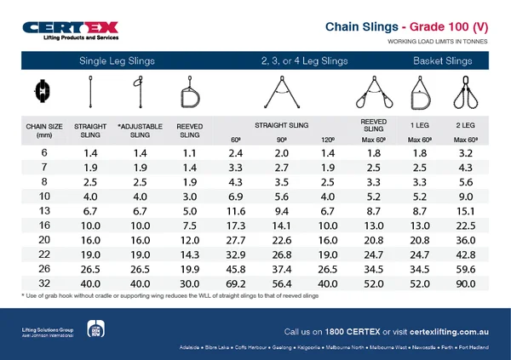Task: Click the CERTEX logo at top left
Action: (x=72, y=30)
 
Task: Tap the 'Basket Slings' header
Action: (x=442, y=61)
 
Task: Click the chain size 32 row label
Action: (x=44, y=283)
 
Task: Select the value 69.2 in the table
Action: (x=237, y=283)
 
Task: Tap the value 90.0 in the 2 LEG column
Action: (x=465, y=283)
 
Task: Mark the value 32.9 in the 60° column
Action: (x=237, y=254)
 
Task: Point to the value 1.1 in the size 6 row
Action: (x=189, y=153)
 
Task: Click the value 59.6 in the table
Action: (x=465, y=269)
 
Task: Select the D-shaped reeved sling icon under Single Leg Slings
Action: (x=189, y=93)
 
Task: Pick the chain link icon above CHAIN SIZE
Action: (x=43, y=89)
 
